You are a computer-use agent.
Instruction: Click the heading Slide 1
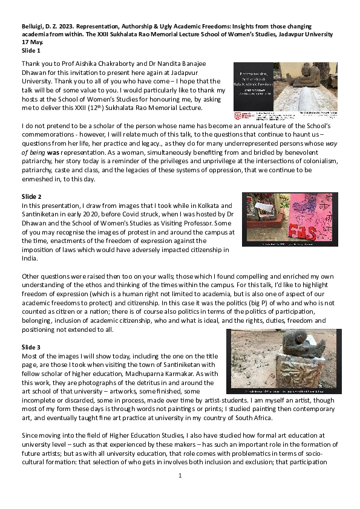click(x=31, y=51)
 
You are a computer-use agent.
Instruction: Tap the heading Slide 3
click(x=31, y=348)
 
